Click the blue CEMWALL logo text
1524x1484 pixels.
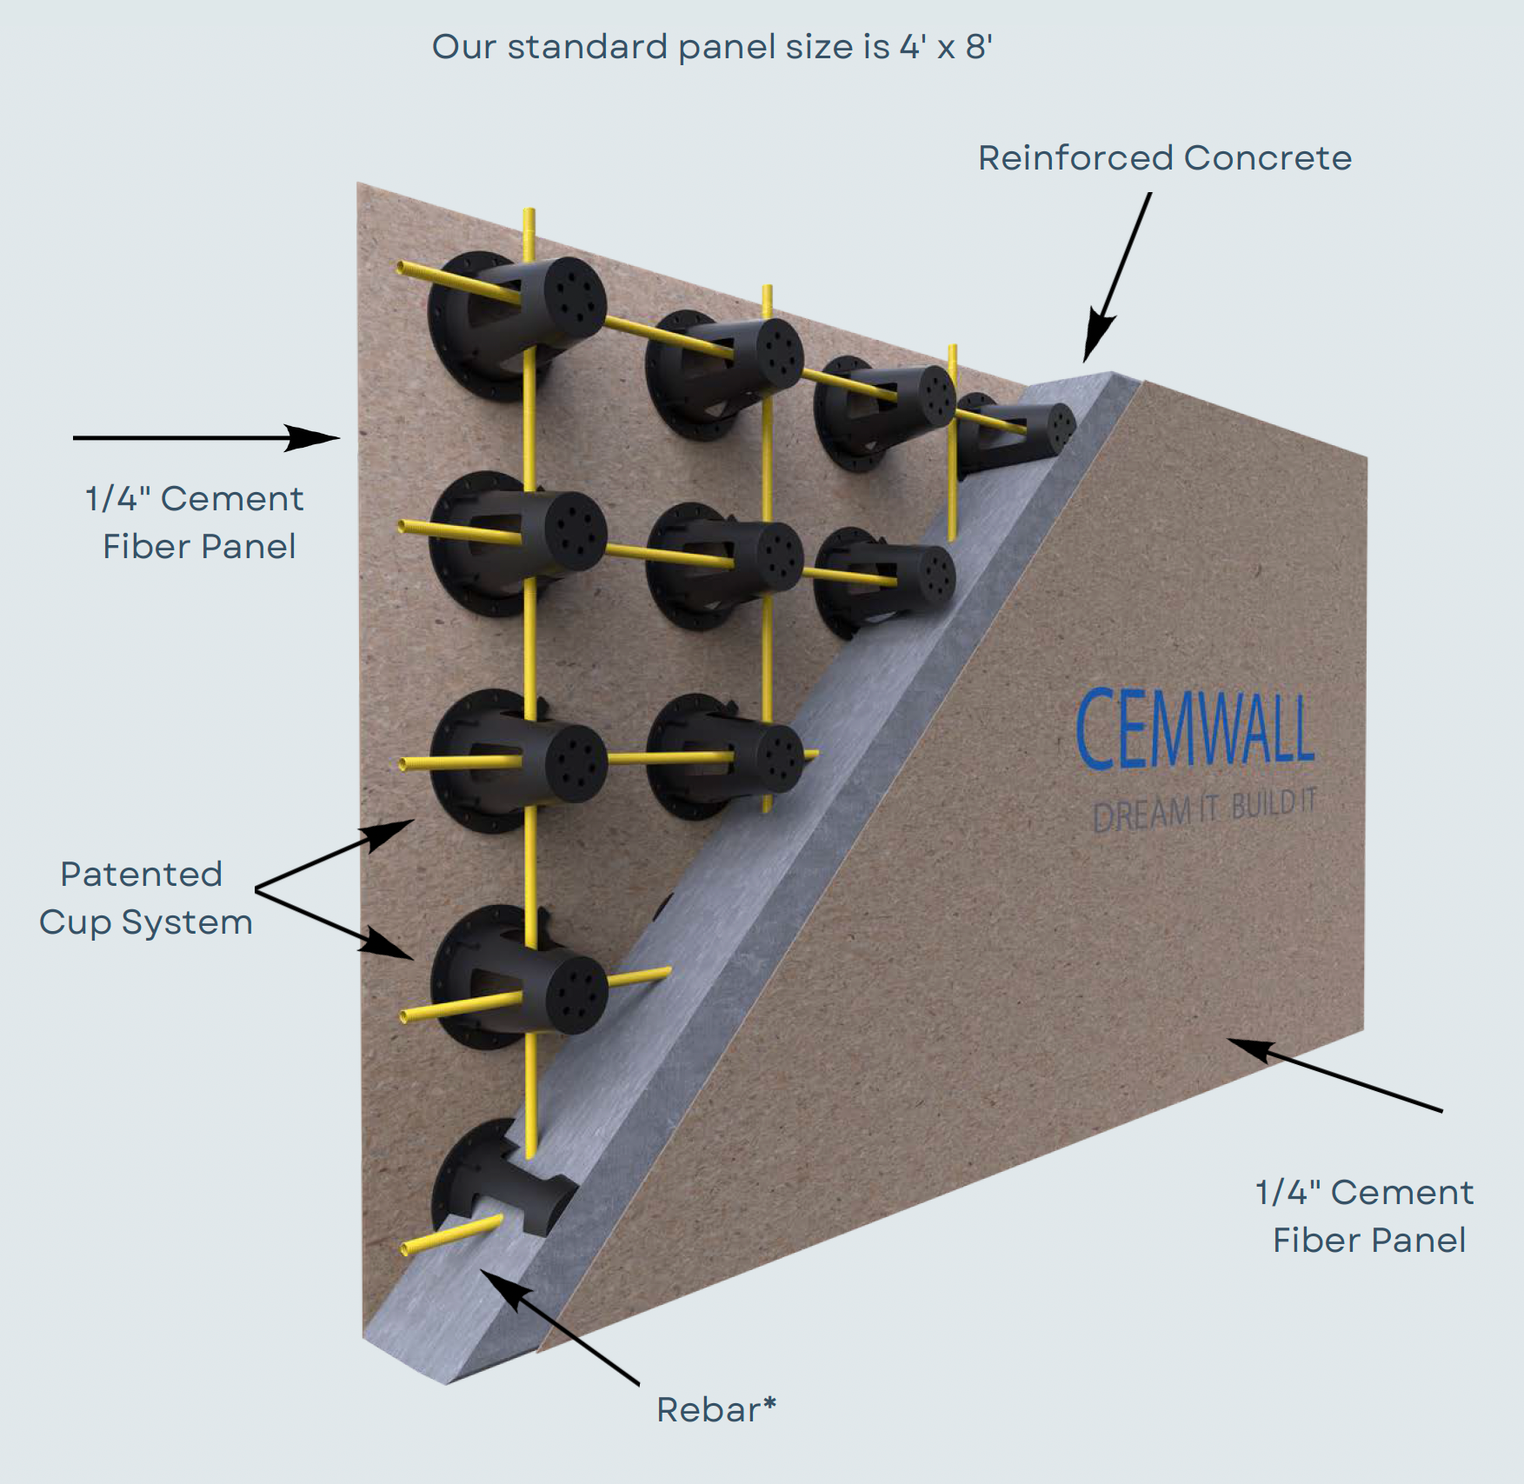coord(1195,729)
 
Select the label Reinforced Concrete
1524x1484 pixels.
coord(1164,158)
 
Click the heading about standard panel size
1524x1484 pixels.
coord(712,47)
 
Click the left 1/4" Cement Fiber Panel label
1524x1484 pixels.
coord(196,522)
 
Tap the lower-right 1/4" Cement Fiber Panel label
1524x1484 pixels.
coord(1365,1215)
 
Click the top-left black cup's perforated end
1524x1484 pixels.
coord(569,295)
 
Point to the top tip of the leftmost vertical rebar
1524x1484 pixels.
coord(529,213)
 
